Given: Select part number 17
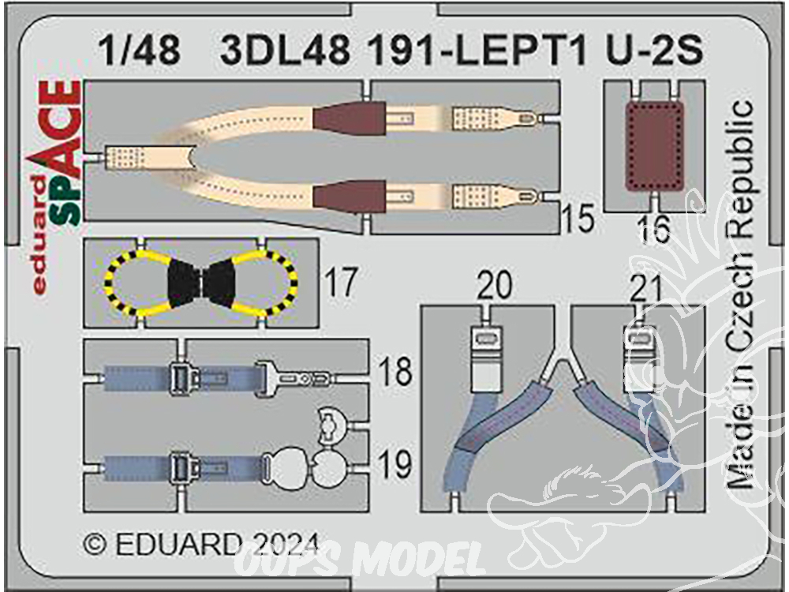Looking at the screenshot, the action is click(341, 282).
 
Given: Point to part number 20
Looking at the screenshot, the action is click(495, 285).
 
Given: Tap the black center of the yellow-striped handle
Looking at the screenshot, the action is click(201, 283).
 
